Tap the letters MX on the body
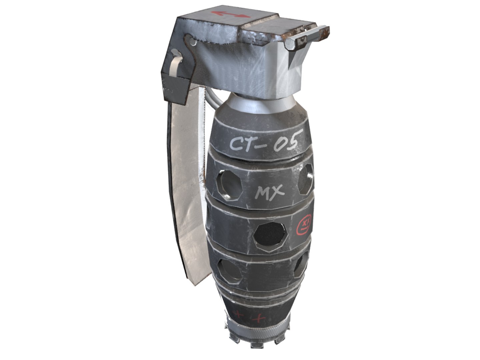click(270, 192)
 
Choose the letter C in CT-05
click(237, 144)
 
